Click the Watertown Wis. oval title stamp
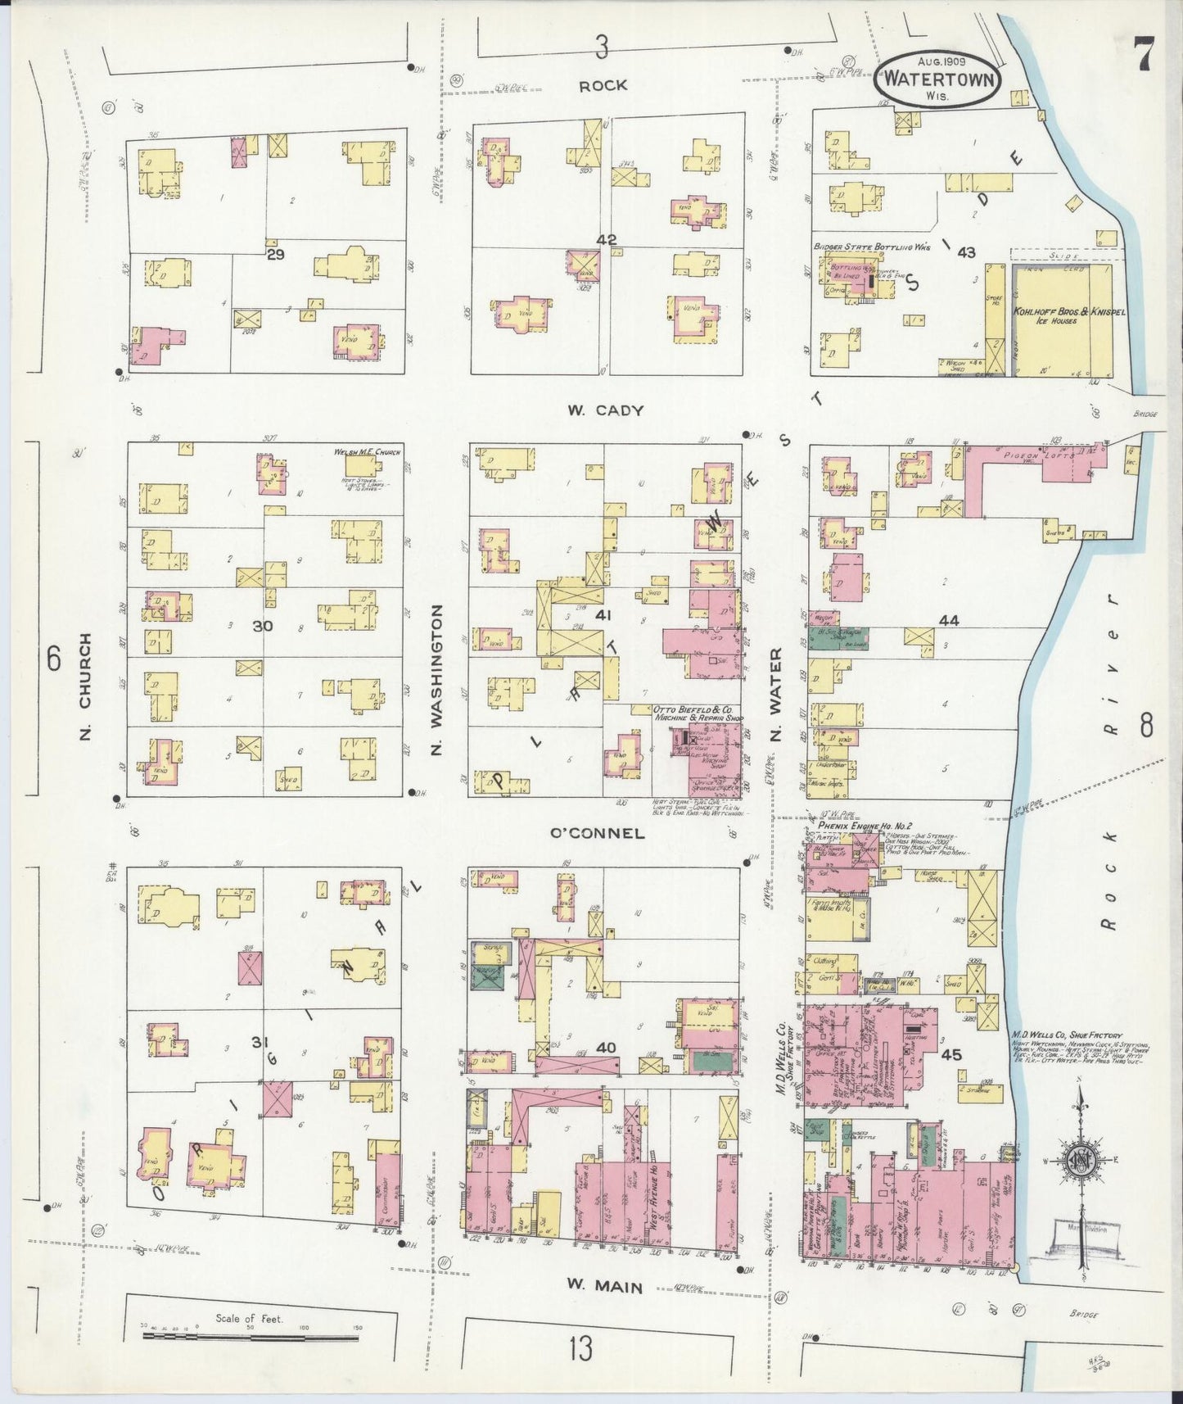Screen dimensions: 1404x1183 point(938,79)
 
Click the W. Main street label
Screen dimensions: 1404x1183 point(605,1286)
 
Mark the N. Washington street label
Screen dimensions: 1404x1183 point(436,680)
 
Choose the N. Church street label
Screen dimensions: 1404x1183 point(86,686)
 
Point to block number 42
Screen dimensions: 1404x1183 point(607,240)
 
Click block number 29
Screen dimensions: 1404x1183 point(274,256)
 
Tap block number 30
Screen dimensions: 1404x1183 point(262,626)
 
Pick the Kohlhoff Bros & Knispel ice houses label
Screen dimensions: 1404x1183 point(1057,315)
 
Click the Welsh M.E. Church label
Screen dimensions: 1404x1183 point(367,452)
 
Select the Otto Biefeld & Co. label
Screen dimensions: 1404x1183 point(693,713)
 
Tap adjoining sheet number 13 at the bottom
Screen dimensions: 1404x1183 point(580,1347)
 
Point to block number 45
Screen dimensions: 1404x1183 point(951,1055)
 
